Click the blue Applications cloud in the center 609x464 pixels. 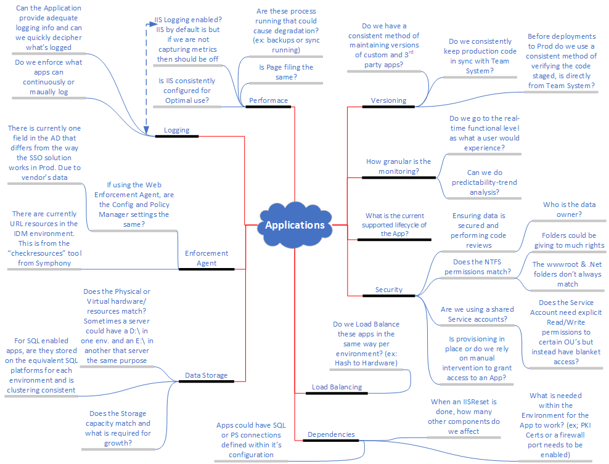(295, 225)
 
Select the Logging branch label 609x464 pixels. (176, 130)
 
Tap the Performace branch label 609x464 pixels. (268, 100)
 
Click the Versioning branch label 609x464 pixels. (388, 100)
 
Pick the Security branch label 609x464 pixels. (388, 290)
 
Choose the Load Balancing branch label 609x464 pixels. (337, 387)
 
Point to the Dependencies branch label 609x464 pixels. (331, 434)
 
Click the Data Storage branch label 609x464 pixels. (206, 375)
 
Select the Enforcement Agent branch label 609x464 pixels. (206, 258)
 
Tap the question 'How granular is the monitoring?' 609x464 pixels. (398, 166)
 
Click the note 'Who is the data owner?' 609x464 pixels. (569, 210)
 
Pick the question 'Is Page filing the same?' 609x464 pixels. (285, 72)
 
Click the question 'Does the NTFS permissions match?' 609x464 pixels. (473, 267)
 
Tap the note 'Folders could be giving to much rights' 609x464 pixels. (569, 240)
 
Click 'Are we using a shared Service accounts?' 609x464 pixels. (474, 314)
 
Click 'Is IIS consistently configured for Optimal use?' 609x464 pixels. (187, 91)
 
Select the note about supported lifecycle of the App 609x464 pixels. (394, 224)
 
